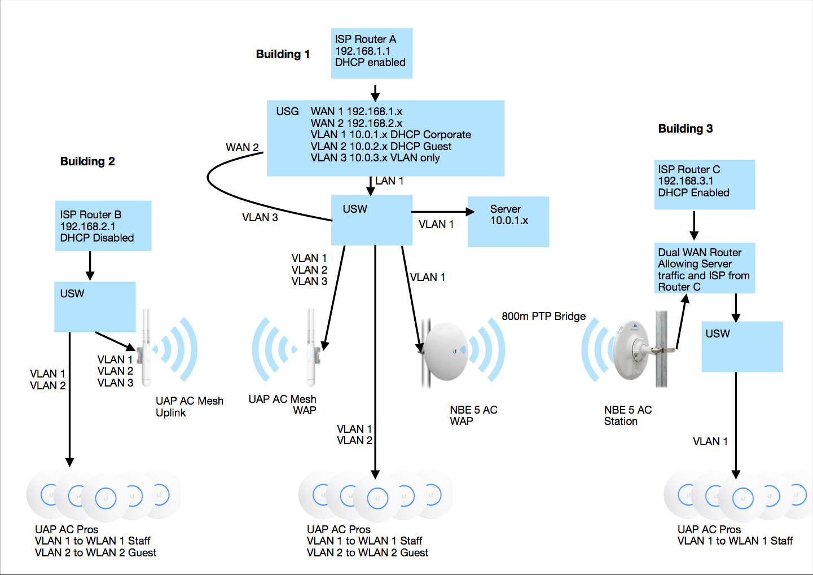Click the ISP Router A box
(371, 53)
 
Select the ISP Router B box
(103, 226)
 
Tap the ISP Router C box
(704, 184)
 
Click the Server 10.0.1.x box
(508, 221)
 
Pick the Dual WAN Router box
(704, 268)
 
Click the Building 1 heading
(283, 54)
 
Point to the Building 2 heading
(87, 161)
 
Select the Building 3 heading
(685, 129)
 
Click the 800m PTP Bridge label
(543, 317)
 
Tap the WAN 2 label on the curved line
(242, 148)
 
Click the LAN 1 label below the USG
(389, 181)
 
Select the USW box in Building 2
(95, 306)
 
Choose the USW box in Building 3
(742, 346)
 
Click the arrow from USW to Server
(443, 212)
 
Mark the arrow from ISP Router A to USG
(375, 93)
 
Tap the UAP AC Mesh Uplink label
(189, 407)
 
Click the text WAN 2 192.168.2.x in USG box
(356, 123)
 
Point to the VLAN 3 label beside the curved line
(260, 218)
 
